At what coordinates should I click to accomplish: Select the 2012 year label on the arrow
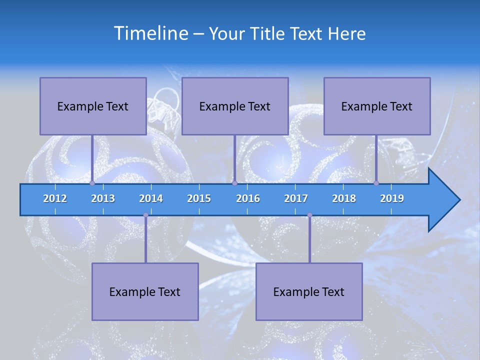pyautogui.click(x=55, y=198)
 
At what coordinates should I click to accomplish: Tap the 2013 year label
pyautogui.click(x=103, y=198)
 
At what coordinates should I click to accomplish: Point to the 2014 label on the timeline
pyautogui.click(x=151, y=198)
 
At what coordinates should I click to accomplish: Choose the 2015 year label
pyautogui.click(x=199, y=198)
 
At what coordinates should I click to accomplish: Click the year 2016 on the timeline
pyautogui.click(x=248, y=198)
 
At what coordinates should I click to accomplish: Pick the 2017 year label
pyautogui.click(x=296, y=198)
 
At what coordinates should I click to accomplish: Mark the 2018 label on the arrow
pyautogui.click(x=344, y=198)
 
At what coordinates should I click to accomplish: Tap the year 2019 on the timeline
pyautogui.click(x=392, y=198)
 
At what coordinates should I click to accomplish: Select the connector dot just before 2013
pyautogui.click(x=92, y=183)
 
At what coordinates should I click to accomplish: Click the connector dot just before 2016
pyautogui.click(x=234, y=183)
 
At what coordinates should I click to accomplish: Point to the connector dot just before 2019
pyautogui.click(x=376, y=183)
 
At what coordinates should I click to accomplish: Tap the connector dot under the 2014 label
pyautogui.click(x=145, y=215)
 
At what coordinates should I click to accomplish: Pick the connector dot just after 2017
pyautogui.click(x=309, y=215)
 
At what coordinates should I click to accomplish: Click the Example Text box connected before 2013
pyautogui.click(x=93, y=106)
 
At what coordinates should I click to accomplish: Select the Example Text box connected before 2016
pyautogui.click(x=235, y=106)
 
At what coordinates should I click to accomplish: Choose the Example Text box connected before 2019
pyautogui.click(x=377, y=106)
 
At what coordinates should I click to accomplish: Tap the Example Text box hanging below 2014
pyautogui.click(x=145, y=291)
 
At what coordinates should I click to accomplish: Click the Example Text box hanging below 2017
pyautogui.click(x=309, y=291)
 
